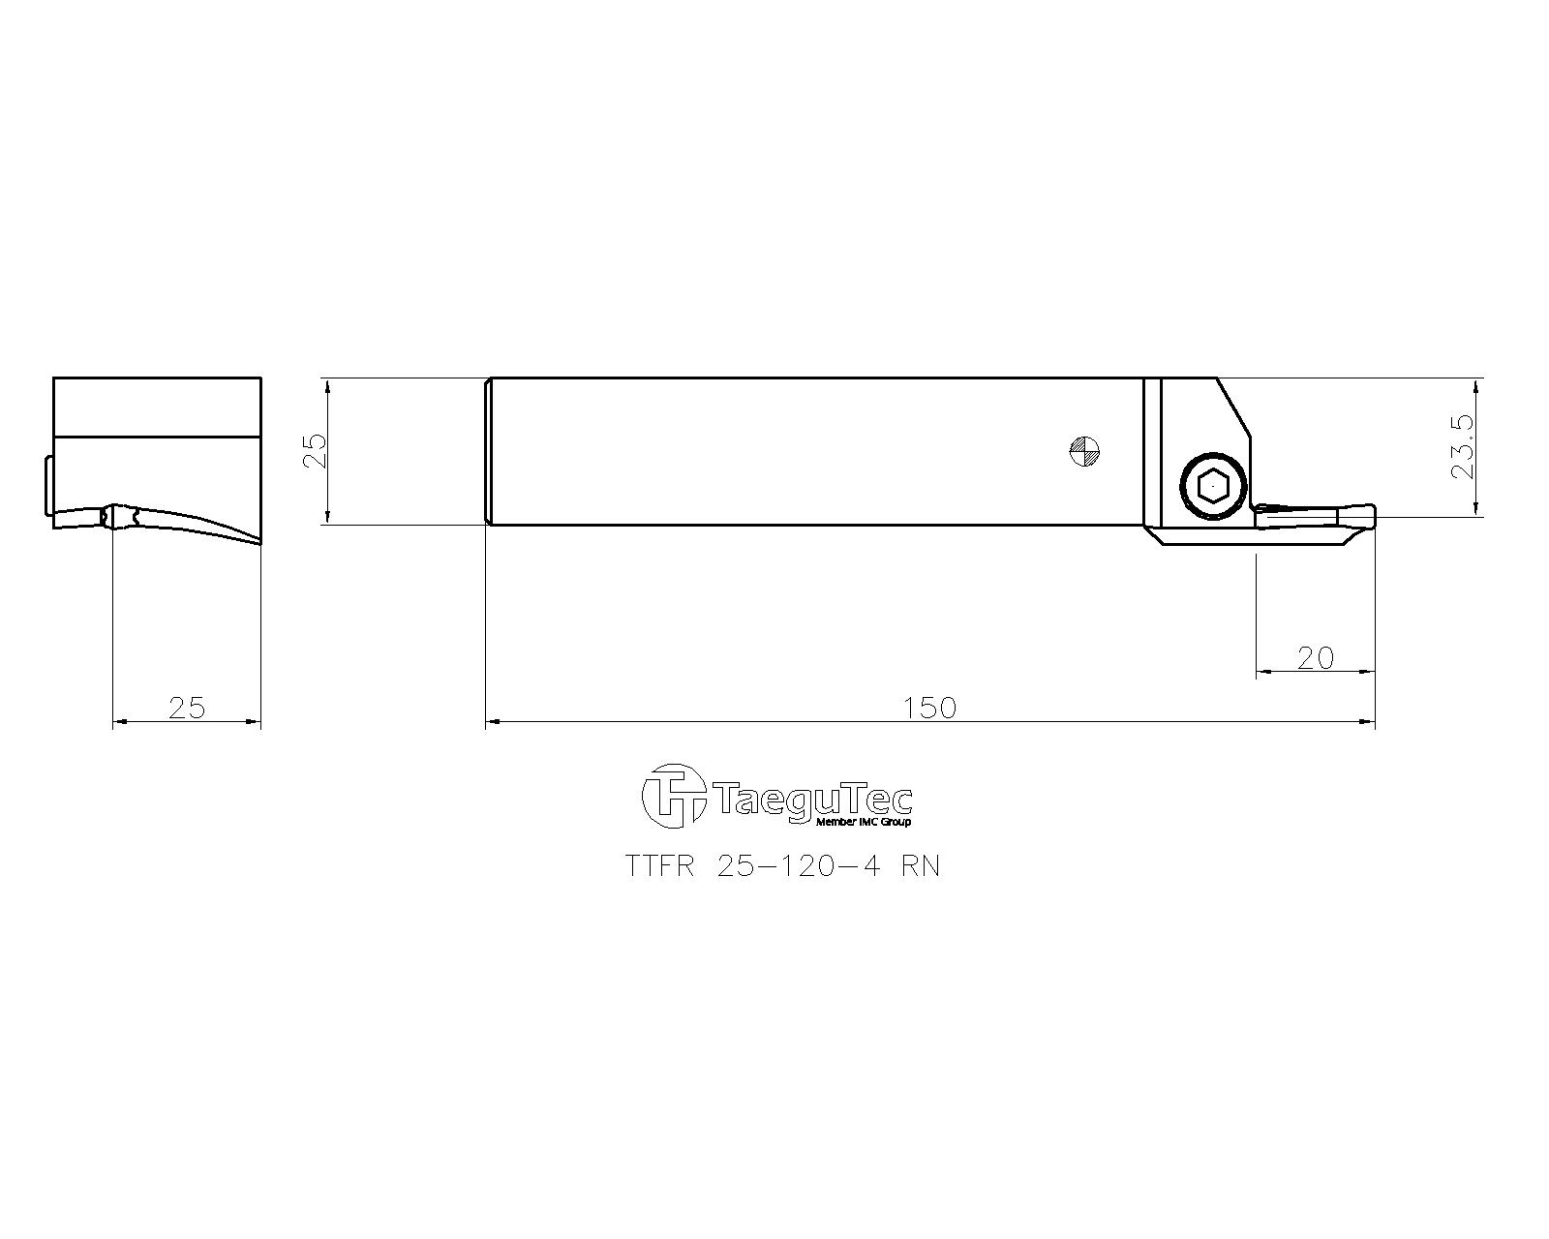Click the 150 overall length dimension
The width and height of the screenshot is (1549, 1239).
pyautogui.click(x=930, y=708)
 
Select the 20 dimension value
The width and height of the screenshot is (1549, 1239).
pyautogui.click(x=1315, y=658)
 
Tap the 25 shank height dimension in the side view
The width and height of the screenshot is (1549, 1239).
pyautogui.click(x=316, y=451)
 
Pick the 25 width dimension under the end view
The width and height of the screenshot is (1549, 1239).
pyautogui.click(x=187, y=708)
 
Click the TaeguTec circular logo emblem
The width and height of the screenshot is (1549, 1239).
pyautogui.click(x=673, y=796)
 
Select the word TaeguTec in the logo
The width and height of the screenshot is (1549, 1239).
pyautogui.click(x=813, y=800)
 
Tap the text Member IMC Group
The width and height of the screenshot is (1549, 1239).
pyautogui.click(x=864, y=822)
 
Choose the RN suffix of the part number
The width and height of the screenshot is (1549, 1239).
pyautogui.click(x=920, y=866)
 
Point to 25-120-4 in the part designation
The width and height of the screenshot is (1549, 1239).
pyautogui.click(x=799, y=866)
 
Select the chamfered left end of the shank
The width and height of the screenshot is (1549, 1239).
pyautogui.click(x=488, y=451)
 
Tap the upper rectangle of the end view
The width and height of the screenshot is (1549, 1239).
pyautogui.click(x=157, y=407)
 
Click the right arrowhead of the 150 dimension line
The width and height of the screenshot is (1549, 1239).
pyautogui.click(x=1369, y=721)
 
